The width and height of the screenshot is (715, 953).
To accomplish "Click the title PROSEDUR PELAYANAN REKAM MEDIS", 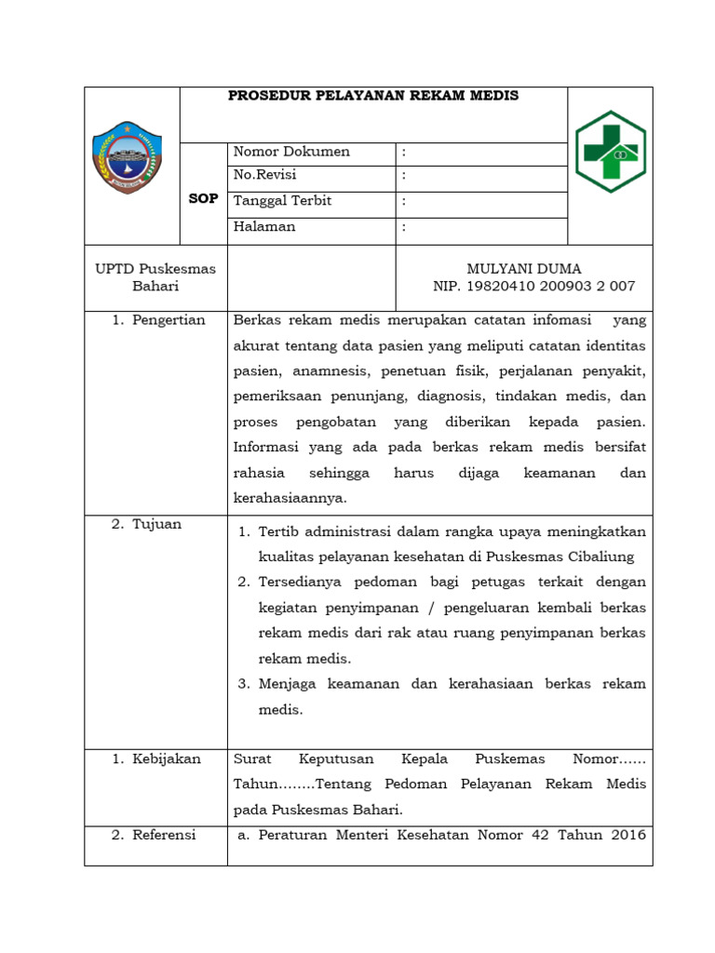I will (x=373, y=96).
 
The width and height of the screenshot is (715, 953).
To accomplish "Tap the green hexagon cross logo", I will (x=609, y=151).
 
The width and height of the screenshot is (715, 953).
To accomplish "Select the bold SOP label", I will (x=203, y=199).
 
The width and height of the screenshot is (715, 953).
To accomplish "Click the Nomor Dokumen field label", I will (x=291, y=152).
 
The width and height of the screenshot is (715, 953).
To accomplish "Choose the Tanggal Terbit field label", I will (x=282, y=201).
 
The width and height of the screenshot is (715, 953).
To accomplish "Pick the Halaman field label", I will (x=264, y=226).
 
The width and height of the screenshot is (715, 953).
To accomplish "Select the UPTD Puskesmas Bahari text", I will (x=155, y=277).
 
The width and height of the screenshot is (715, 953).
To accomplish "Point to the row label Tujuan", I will (x=155, y=524).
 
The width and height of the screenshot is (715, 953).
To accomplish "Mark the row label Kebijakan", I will (x=165, y=758).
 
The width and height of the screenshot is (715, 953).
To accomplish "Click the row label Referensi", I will (x=163, y=835).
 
